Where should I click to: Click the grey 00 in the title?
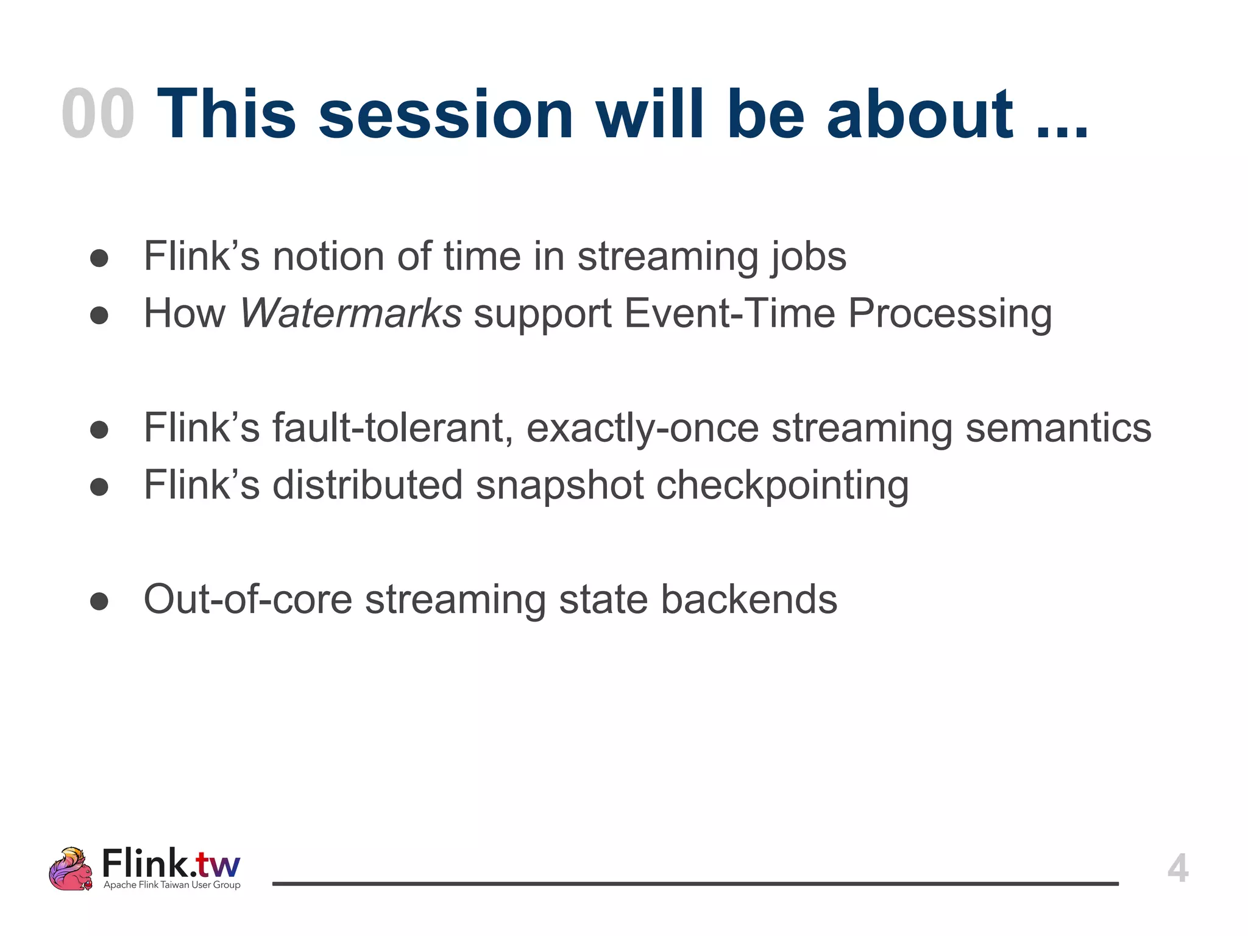98,114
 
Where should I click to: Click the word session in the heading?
445,114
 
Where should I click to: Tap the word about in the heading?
920,114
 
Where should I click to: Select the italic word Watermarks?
351,313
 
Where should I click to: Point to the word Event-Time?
729,313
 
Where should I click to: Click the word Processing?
950,313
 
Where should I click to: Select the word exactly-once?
642,428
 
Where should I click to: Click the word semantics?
1058,428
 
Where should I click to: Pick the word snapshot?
559,485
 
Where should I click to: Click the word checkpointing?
782,485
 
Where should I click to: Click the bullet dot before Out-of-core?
99,601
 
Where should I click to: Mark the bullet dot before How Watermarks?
99,316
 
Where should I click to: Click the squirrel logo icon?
71,868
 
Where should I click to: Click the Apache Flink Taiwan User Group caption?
172,885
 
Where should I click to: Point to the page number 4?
1177,868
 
